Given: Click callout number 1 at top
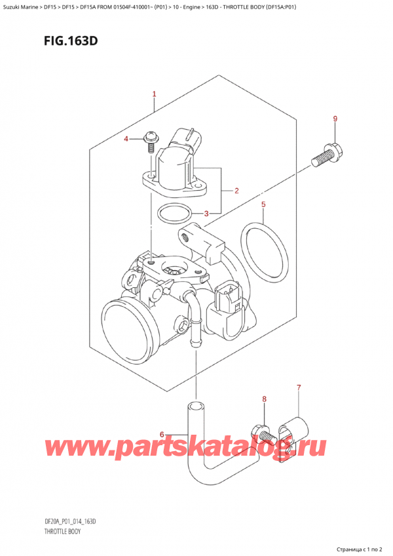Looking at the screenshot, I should (154, 94).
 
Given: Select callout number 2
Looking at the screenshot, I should (236, 191).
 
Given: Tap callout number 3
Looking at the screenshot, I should (206, 213).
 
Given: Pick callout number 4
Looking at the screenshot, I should (127, 138).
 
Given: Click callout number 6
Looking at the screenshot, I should (163, 434).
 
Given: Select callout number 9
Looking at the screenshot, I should (335, 119).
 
